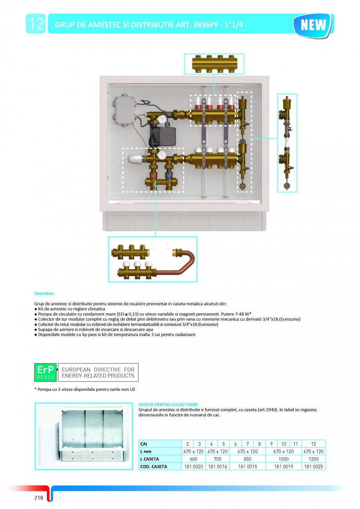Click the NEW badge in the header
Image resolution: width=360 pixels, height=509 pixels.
(313, 25)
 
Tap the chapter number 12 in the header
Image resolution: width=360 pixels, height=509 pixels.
(36, 24)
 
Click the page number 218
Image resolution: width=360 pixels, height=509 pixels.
(38, 498)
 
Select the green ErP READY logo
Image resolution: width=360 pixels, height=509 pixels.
(45, 372)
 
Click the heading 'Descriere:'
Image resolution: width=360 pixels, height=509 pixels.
(44, 293)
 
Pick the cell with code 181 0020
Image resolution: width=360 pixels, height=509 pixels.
(193, 466)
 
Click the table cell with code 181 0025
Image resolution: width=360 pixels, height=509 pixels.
(313, 466)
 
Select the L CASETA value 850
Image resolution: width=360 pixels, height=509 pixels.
(247, 459)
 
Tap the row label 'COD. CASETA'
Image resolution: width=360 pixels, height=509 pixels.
(153, 466)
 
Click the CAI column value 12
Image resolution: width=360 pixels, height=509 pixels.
(313, 444)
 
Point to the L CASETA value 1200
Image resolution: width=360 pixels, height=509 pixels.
(313, 459)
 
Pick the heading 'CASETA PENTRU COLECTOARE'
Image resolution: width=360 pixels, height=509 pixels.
(168, 405)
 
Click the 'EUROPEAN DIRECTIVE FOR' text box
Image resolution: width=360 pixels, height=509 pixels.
(98, 372)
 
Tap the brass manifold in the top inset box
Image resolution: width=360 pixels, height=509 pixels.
(214, 64)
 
